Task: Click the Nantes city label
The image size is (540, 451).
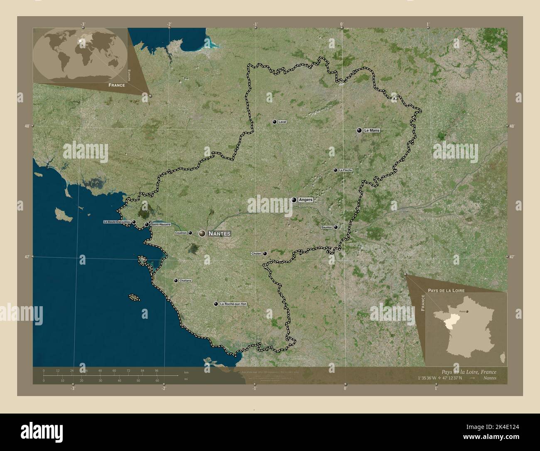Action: pyautogui.click(x=219, y=234)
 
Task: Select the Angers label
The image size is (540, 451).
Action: pyautogui.click(x=305, y=200)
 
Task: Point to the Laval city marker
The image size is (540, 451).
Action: pyautogui.click(x=274, y=122)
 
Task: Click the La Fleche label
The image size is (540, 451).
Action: pyautogui.click(x=346, y=170)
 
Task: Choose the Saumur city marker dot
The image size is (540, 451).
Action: pyautogui.click(x=336, y=227)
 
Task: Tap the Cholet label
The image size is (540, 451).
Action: pyautogui.click(x=256, y=253)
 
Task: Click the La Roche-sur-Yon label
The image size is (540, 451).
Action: pyautogui.click(x=233, y=304)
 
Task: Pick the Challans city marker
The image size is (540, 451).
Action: pyautogui.click(x=176, y=281)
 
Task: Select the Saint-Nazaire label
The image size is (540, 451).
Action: pyautogui.click(x=161, y=225)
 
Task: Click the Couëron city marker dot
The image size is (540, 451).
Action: pyautogui.click(x=190, y=233)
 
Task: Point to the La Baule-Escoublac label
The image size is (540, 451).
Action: pyautogui.click(x=117, y=222)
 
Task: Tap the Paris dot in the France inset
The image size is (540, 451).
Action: pyautogui.click(x=467, y=311)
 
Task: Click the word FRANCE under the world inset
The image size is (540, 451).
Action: pyautogui.click(x=117, y=85)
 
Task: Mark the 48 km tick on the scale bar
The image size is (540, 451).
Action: pyautogui.click(x=100, y=370)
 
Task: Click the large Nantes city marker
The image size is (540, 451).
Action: pyautogui.click(x=202, y=234)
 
